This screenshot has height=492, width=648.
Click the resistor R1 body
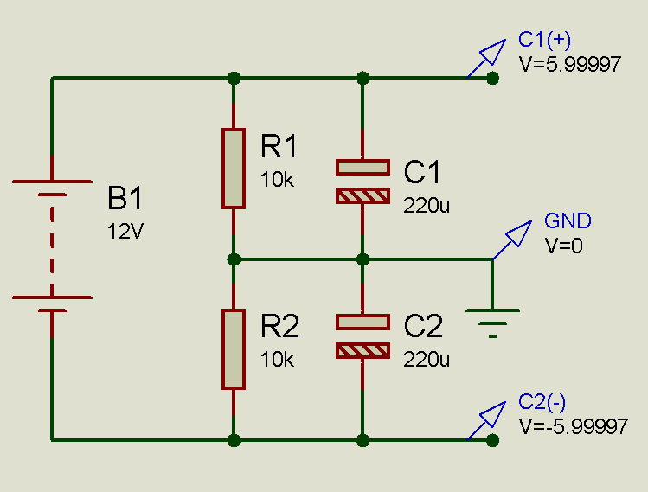233,169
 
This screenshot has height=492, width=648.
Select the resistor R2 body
233,349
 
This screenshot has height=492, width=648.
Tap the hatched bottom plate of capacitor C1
362,196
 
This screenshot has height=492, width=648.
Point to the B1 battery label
125,199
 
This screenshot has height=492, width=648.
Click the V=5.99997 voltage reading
569,64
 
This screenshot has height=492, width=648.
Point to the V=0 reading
563,245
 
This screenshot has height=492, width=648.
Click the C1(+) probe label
544,39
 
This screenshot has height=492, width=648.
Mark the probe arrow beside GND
514,237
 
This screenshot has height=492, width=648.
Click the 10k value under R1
277,180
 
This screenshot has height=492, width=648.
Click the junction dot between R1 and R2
233,259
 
